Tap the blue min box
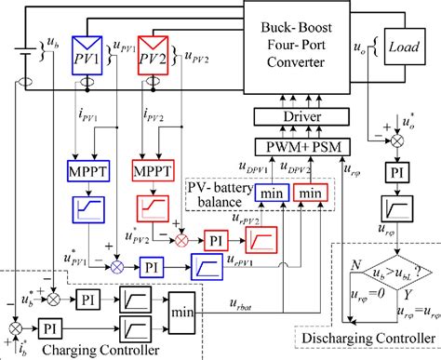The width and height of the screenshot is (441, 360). pos(270,193)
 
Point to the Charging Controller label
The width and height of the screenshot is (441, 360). pos(88,352)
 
